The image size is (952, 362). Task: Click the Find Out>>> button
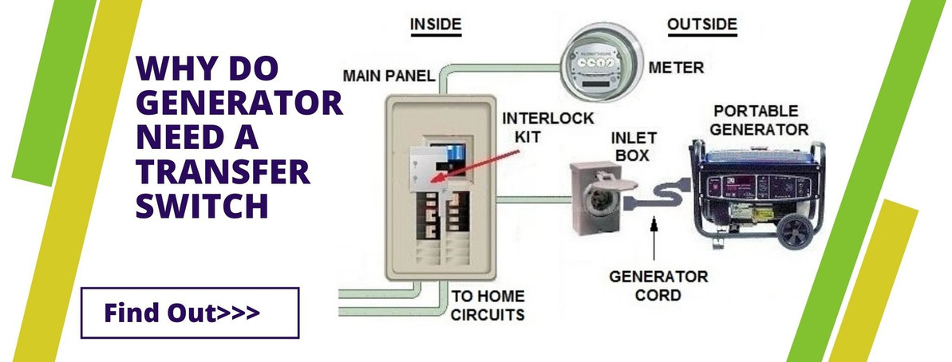[190, 313]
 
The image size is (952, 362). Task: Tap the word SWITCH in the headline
[201, 207]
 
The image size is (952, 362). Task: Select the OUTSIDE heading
[701, 25]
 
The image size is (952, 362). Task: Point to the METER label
[677, 69]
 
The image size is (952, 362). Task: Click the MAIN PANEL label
[389, 77]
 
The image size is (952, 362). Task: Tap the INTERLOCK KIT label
[548, 128]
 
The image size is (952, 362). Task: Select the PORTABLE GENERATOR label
[759, 120]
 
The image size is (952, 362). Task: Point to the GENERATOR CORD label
[658, 285]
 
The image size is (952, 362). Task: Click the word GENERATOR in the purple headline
[240, 106]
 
